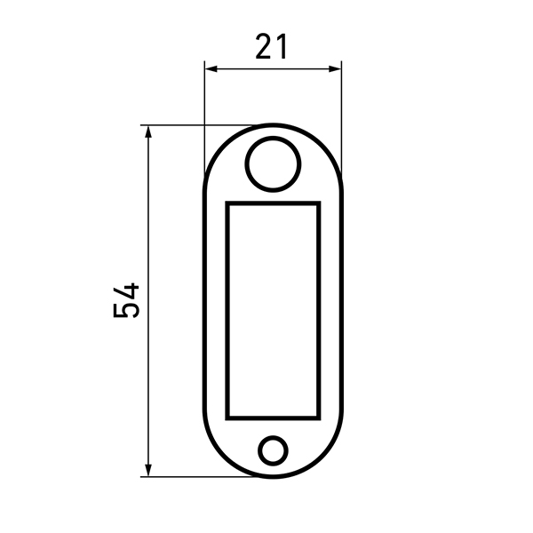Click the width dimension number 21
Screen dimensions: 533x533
point(271,46)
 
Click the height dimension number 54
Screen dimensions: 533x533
point(126,300)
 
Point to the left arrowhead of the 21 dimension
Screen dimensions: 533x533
point(211,69)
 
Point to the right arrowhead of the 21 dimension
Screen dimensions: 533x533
point(335,69)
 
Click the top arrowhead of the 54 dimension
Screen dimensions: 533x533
point(147,131)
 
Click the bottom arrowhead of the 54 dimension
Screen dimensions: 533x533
point(147,470)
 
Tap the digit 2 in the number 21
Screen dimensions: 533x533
point(264,46)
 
